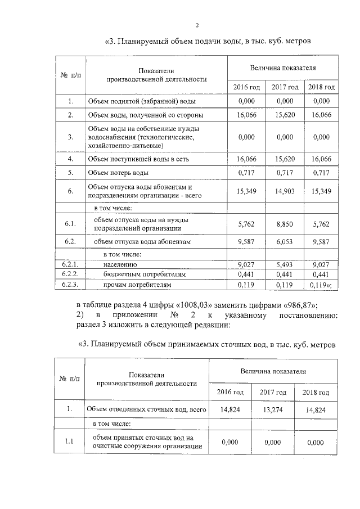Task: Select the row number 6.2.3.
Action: (71, 285)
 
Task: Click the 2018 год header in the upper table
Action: (321, 87)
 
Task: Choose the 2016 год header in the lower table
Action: (231, 391)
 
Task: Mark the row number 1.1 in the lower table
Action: (70, 442)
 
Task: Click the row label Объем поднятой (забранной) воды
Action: (141, 101)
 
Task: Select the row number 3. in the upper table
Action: (71, 137)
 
